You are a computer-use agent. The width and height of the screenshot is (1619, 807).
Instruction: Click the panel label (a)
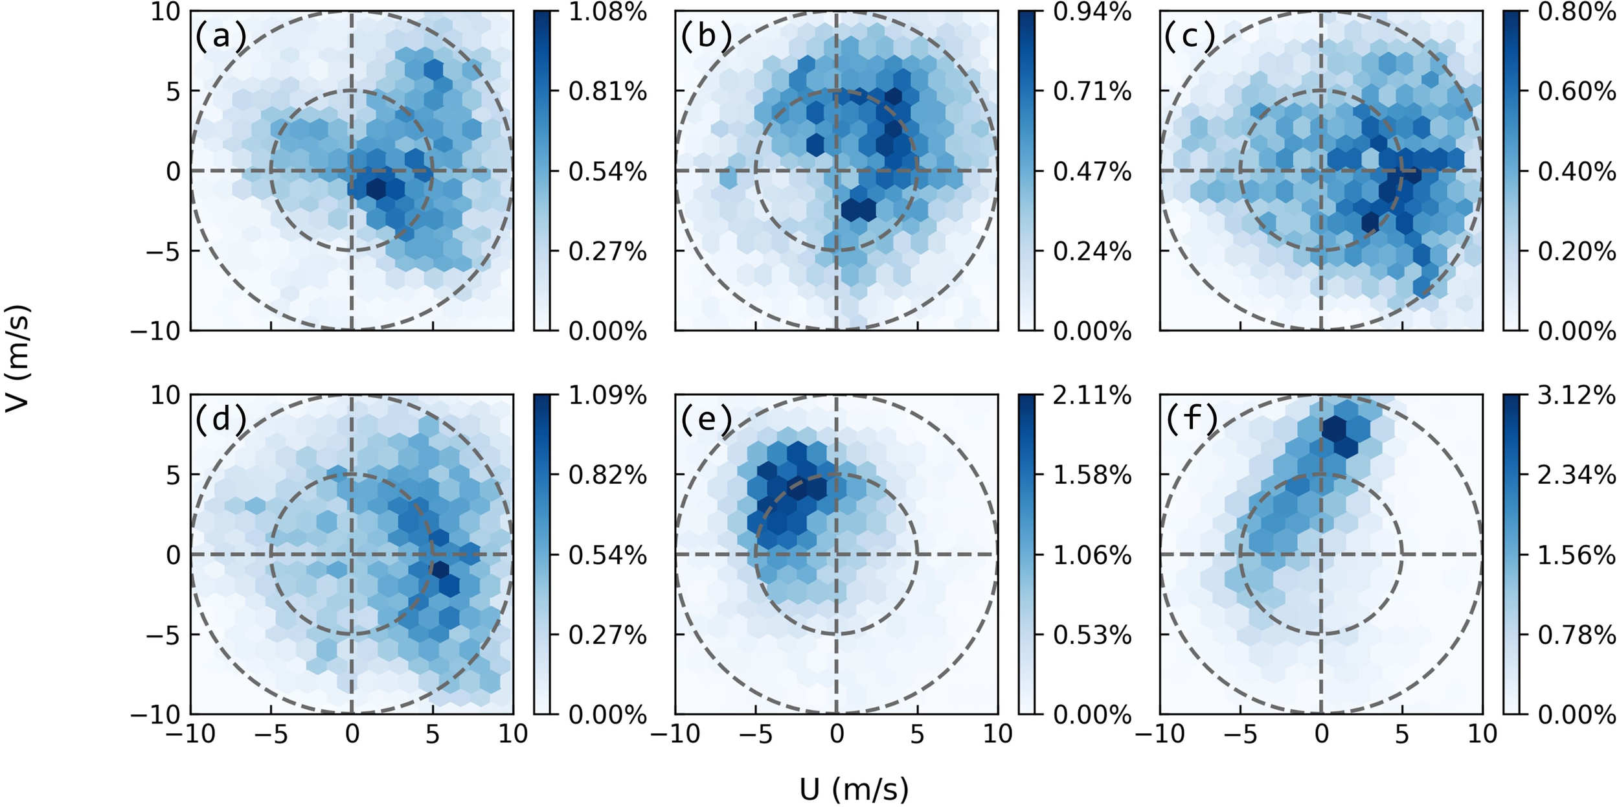click(221, 36)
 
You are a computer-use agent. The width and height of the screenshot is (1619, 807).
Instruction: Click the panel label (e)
click(706, 420)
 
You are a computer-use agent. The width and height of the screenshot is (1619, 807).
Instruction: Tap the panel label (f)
click(1191, 420)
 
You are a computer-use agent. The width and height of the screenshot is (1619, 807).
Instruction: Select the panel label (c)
click(1190, 36)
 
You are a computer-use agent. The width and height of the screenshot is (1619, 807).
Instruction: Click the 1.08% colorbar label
click(607, 12)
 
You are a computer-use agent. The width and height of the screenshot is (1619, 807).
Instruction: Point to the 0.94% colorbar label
click(1092, 12)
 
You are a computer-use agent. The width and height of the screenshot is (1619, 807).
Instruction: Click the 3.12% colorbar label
click(1576, 395)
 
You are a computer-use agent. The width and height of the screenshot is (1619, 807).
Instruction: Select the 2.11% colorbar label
click(1092, 395)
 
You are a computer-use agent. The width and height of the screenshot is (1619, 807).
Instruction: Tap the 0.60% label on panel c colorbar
click(1576, 92)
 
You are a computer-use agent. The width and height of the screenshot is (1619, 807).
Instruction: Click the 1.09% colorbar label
click(607, 395)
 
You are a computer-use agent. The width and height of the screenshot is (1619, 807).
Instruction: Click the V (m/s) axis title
click(17, 358)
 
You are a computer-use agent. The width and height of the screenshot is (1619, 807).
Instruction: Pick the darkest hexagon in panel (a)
click(376, 189)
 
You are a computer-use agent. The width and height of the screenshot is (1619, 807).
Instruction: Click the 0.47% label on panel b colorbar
click(1092, 172)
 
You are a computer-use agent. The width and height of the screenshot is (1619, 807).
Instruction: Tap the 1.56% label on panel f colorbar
click(1576, 555)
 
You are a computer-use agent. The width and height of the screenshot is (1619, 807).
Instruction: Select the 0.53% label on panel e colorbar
click(1092, 635)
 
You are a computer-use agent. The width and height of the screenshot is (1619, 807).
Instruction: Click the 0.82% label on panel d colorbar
click(607, 475)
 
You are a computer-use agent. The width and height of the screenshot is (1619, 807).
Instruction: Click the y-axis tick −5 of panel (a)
click(162, 251)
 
